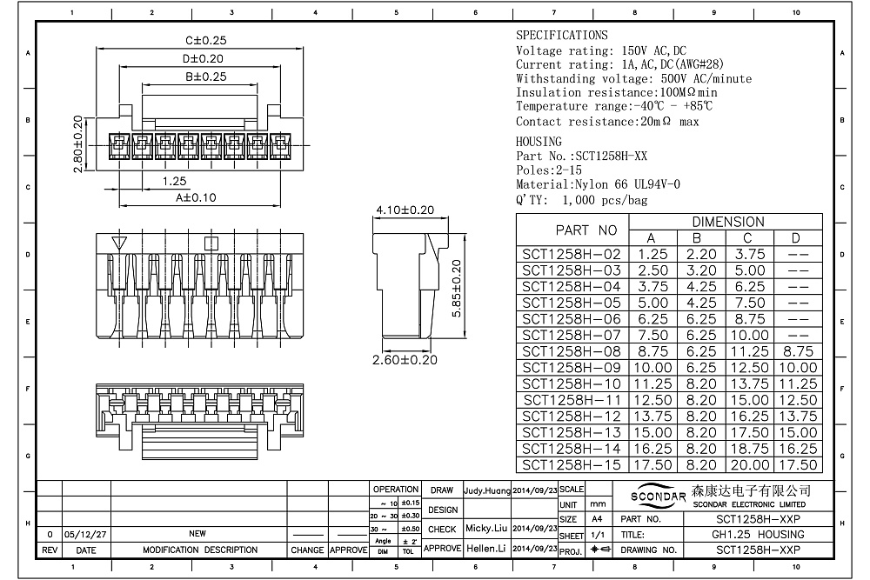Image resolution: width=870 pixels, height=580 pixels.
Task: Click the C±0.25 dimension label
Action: tap(205, 41)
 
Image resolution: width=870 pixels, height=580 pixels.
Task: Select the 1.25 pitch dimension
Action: tap(175, 181)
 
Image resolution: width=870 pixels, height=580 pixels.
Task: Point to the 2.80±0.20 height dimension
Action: tap(77, 144)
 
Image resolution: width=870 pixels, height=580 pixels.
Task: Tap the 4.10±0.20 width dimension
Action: tap(405, 210)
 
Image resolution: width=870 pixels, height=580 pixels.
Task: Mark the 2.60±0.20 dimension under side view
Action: tap(405, 360)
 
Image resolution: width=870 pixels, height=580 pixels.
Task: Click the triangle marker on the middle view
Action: tap(120, 243)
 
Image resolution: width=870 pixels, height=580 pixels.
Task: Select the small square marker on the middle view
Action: tap(210, 243)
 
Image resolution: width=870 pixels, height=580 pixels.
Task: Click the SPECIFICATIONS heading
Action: tap(561, 36)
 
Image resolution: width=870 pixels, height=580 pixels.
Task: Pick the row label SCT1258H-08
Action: tap(571, 351)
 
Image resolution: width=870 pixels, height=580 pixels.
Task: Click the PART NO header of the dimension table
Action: tap(586, 230)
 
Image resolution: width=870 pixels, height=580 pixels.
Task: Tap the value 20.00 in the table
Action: tap(748, 465)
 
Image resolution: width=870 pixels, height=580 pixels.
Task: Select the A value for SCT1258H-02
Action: tap(653, 254)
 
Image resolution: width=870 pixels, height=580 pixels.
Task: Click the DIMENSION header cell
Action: tap(727, 222)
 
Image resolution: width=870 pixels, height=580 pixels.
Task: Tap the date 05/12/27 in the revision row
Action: tap(85, 534)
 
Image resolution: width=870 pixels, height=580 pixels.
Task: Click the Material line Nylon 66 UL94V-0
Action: tap(598, 184)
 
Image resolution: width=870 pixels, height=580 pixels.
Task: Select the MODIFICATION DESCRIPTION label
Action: tap(199, 550)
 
